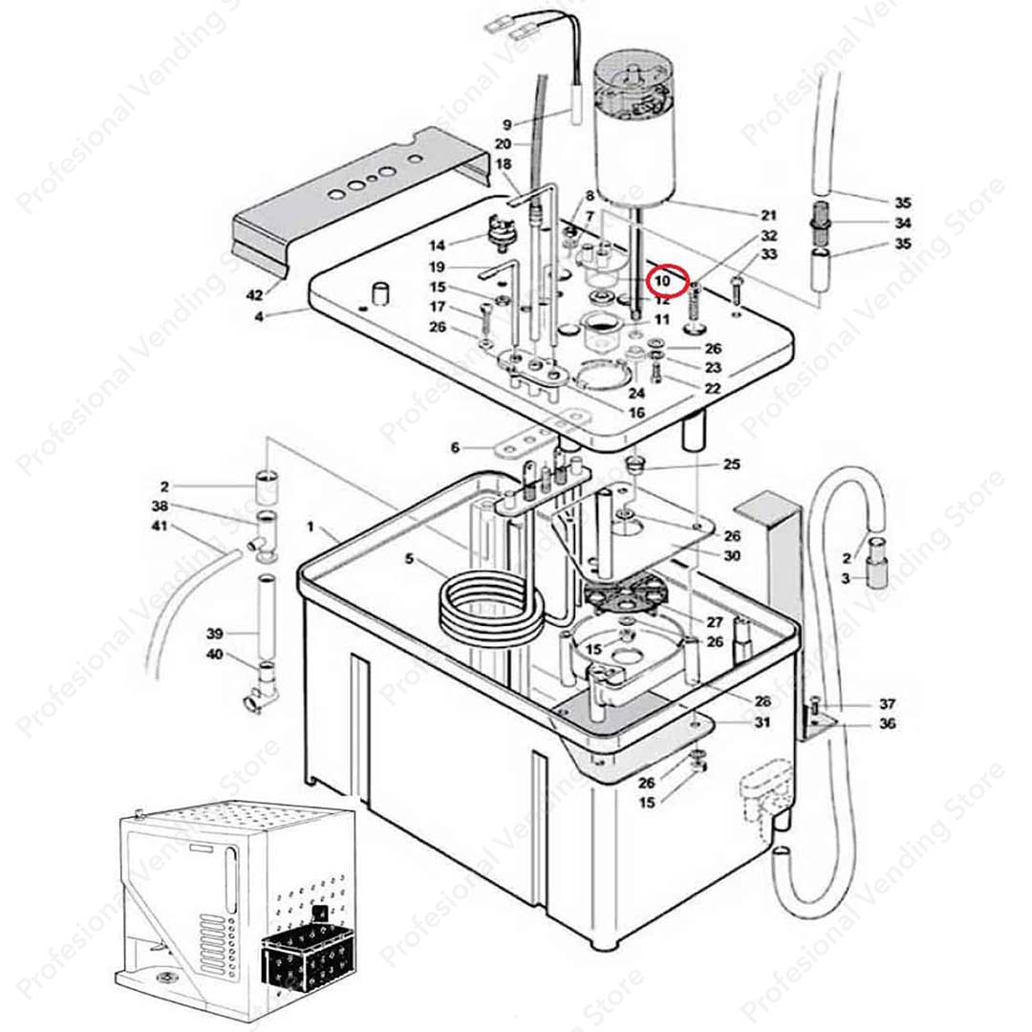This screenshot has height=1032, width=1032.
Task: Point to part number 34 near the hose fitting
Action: [903, 224]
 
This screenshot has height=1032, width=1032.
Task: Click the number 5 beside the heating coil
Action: [411, 559]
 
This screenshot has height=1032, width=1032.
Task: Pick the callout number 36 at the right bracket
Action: [888, 724]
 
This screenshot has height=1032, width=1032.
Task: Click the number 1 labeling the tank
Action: [310, 527]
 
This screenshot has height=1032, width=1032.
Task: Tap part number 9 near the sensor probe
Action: [508, 124]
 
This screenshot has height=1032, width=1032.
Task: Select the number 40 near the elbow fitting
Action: [215, 655]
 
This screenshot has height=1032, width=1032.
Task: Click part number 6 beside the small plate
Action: [456, 448]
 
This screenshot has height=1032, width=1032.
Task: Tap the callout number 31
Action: [762, 722]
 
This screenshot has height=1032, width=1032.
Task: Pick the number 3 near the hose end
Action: [846, 579]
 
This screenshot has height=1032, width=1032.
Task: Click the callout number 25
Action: [732, 465]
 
